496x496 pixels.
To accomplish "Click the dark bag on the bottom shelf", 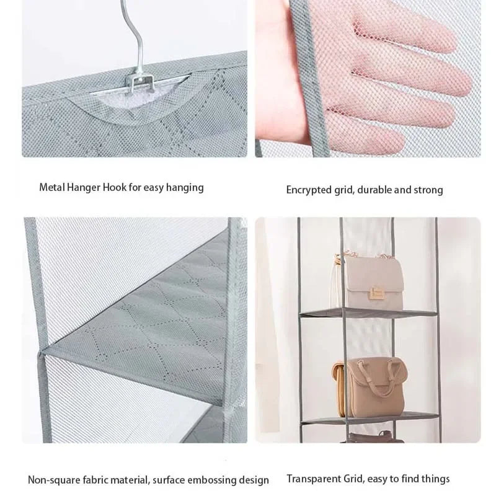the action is click(x=373, y=438).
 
